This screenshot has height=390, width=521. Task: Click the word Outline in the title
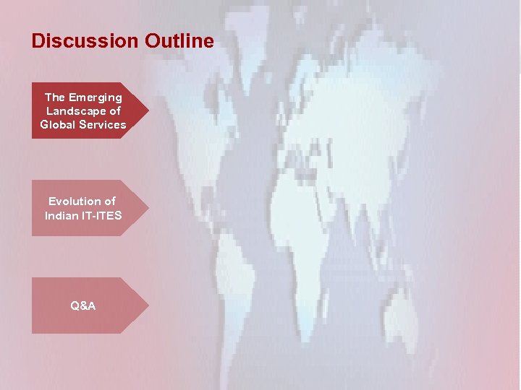[179, 41]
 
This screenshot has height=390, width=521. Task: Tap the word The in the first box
[55, 97]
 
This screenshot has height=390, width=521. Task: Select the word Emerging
[96, 97]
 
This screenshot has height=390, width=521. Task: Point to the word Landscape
[73, 110]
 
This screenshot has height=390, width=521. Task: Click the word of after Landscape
[115, 110]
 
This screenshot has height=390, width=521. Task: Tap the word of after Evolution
[109, 201]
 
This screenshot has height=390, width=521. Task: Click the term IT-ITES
[102, 215]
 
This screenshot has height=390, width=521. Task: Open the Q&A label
[83, 305]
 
